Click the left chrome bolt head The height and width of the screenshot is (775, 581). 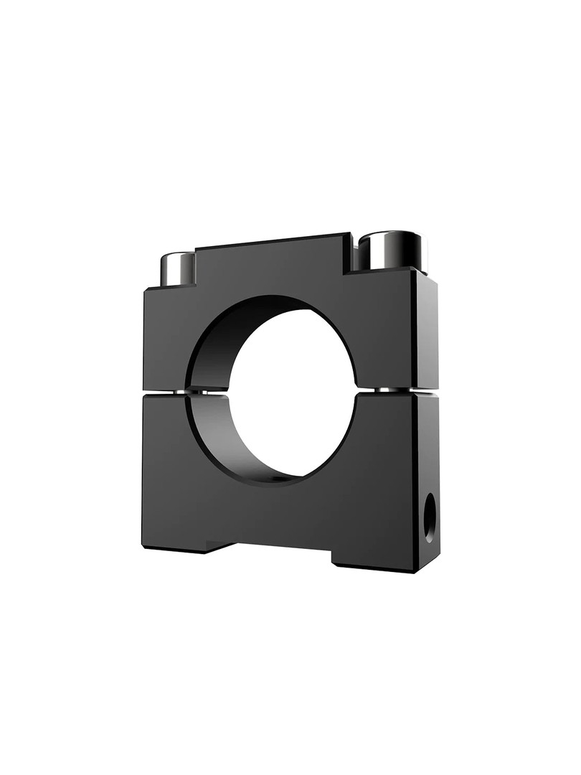(177, 269)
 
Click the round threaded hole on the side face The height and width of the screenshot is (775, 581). (430, 517)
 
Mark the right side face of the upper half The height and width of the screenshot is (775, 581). (426, 330)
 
